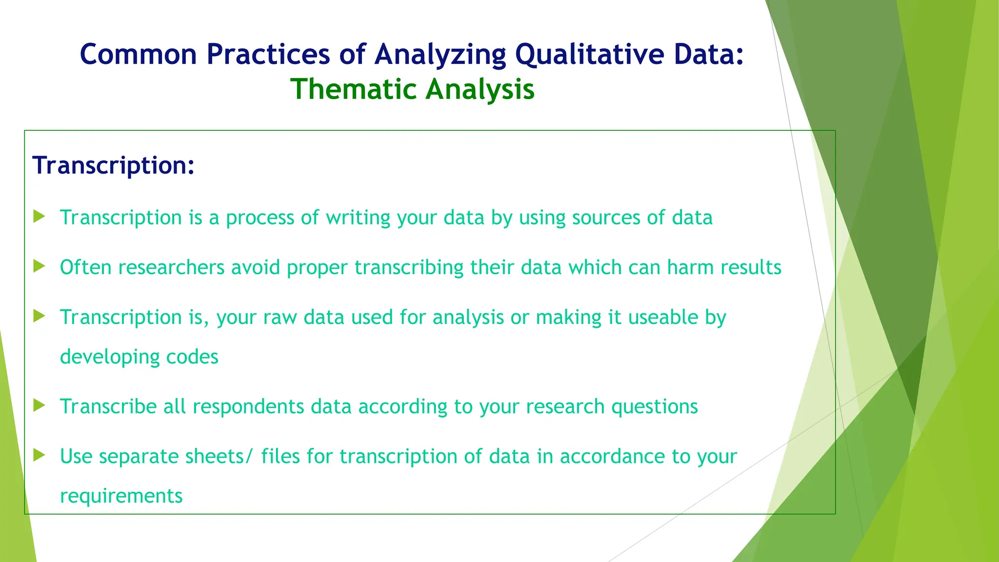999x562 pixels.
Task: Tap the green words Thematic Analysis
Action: pyautogui.click(x=413, y=90)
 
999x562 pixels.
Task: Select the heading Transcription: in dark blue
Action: pyautogui.click(x=113, y=165)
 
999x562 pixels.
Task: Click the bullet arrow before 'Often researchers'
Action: pyautogui.click(x=39, y=266)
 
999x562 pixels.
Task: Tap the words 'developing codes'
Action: pyautogui.click(x=139, y=357)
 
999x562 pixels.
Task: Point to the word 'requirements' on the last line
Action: pyautogui.click(x=121, y=496)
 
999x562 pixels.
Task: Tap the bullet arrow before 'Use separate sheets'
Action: pyautogui.click(x=39, y=455)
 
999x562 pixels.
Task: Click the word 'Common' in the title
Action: pyautogui.click(x=139, y=54)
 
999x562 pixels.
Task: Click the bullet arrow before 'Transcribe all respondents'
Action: pyautogui.click(x=39, y=405)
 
